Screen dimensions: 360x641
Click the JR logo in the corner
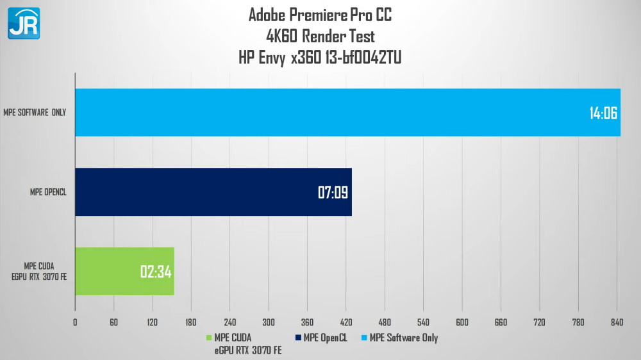24,23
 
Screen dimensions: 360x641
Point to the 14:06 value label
603,113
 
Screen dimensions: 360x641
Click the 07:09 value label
333,192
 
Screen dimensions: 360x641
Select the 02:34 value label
156,272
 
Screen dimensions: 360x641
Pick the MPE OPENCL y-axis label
48,192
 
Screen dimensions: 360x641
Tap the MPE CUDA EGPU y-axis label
45,271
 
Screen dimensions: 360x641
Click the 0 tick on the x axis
75,322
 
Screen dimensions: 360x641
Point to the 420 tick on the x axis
345,322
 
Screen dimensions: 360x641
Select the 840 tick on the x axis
617,322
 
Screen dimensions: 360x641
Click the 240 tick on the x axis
229,322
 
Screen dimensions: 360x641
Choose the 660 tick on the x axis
501,322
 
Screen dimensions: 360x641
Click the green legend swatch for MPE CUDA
208,338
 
